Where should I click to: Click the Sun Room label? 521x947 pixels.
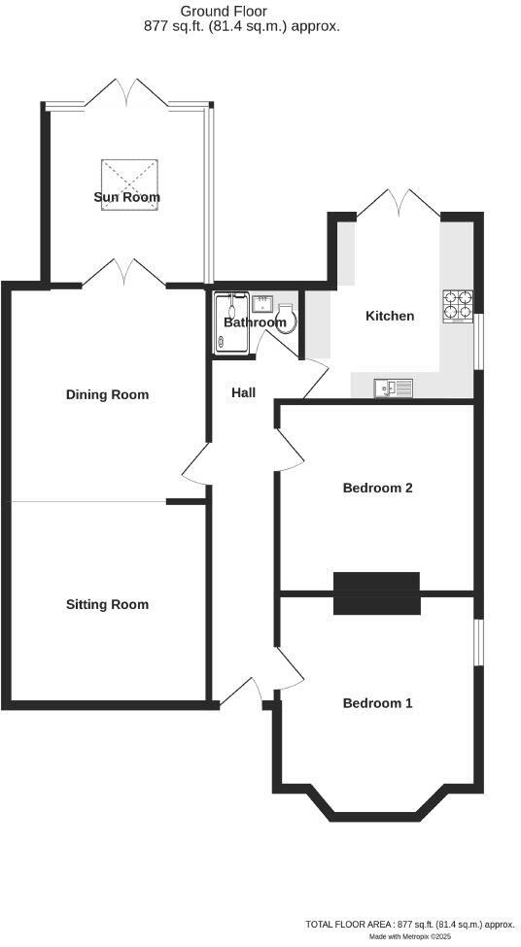pyautogui.click(x=126, y=197)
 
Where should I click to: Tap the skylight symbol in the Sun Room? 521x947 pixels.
pyautogui.click(x=128, y=177)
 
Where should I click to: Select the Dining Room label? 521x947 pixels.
pyautogui.click(x=107, y=394)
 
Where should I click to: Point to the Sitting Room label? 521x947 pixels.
pyautogui.click(x=107, y=604)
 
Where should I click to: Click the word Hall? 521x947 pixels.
pyautogui.click(x=243, y=392)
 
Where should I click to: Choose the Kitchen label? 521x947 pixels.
pyautogui.click(x=390, y=316)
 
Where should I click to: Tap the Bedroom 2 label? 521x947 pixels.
pyautogui.click(x=378, y=488)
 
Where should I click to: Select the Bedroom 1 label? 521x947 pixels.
pyautogui.click(x=377, y=702)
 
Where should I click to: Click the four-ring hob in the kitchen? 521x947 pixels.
pyautogui.click(x=458, y=307)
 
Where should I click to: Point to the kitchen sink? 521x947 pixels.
pyautogui.click(x=394, y=388)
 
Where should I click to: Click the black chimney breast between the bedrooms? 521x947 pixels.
pyautogui.click(x=376, y=592)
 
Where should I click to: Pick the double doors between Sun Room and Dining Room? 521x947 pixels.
pyautogui.click(x=125, y=275)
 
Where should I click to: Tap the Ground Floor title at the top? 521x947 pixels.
pyautogui.click(x=210, y=11)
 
